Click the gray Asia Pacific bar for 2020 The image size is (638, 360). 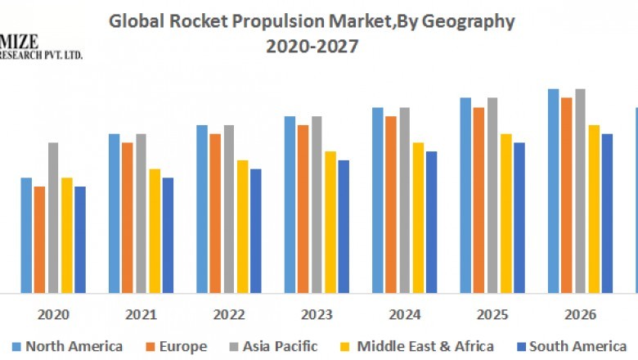[x=53, y=218]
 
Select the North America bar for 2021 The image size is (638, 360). [x=114, y=213]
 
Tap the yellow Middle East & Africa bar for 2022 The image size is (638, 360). [x=242, y=226]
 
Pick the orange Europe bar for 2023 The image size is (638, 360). [x=303, y=209]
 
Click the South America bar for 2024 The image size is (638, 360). [x=431, y=222]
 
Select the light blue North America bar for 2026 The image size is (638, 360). [x=554, y=191]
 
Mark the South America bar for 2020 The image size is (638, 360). [x=80, y=239]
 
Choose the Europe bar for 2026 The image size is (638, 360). [x=567, y=195]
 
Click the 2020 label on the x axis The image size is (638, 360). [x=53, y=314]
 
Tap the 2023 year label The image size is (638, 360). [x=317, y=314]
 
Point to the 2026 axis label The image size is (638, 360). [x=580, y=314]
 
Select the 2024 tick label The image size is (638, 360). [x=404, y=314]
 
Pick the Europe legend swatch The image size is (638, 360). [x=149, y=346]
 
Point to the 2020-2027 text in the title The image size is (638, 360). [x=312, y=47]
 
